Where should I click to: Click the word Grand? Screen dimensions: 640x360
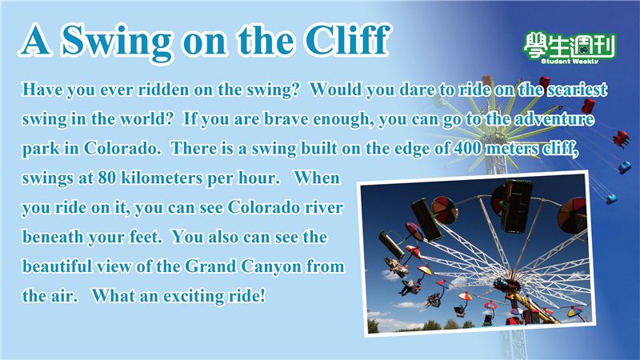tap(210, 266)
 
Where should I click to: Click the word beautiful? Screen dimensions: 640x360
tap(57, 266)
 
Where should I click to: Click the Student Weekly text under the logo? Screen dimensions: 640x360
tap(570, 62)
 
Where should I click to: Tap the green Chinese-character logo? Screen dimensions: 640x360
tap(570, 45)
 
